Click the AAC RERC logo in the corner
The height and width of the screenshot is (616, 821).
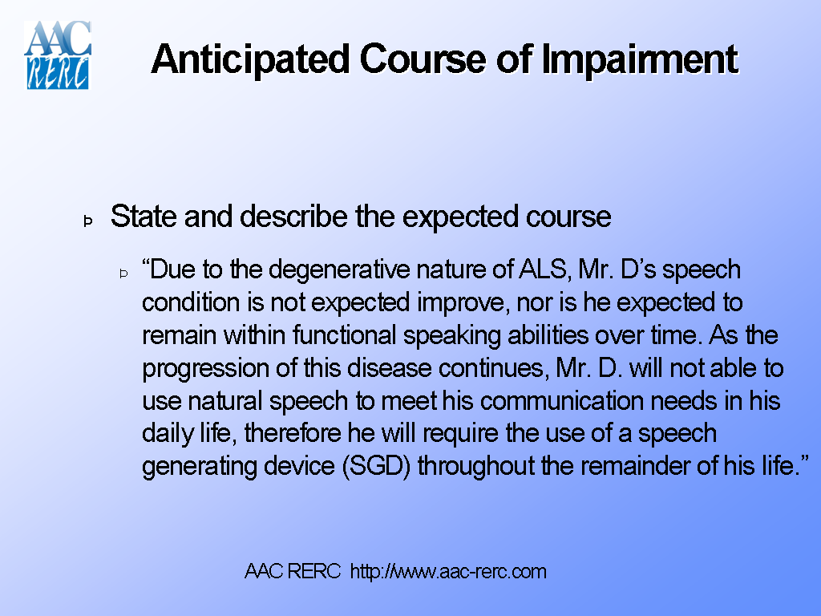[x=58, y=55]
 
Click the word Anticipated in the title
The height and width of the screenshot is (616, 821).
[x=250, y=59]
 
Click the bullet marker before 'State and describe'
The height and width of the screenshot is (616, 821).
[x=88, y=220]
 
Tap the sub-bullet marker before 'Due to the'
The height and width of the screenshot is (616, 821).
[x=124, y=274]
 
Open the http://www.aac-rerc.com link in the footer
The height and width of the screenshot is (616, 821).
[x=448, y=572]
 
